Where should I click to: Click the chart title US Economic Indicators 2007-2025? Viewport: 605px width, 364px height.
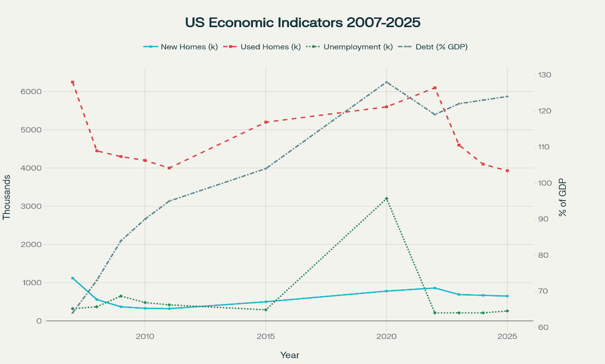point(302,23)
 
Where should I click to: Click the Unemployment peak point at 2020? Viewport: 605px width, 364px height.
point(386,198)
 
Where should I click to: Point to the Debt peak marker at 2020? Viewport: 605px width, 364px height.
point(386,82)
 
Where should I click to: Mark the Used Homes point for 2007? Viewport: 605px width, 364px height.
point(72,82)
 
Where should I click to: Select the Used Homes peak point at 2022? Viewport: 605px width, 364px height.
point(434,88)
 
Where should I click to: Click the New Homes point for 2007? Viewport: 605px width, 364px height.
point(72,278)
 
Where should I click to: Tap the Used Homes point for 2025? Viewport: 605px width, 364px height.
point(507,171)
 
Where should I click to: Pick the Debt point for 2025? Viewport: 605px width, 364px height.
point(507,97)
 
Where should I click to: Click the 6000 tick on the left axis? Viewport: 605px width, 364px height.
point(31,92)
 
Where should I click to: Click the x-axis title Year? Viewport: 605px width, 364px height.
point(289,355)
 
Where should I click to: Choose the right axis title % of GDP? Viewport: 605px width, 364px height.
point(562,197)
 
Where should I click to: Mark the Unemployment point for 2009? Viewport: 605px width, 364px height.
point(120,296)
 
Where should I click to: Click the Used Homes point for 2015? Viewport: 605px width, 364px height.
point(265,122)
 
